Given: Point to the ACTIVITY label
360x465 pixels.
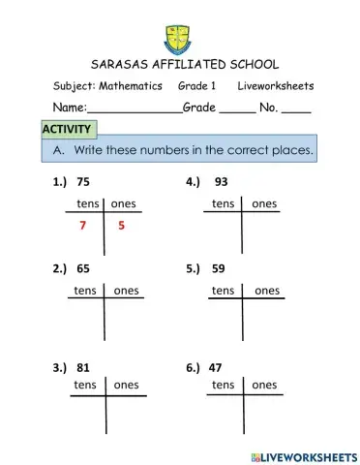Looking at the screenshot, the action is (x=67, y=130).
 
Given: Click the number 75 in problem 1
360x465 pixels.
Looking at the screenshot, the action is (x=84, y=181).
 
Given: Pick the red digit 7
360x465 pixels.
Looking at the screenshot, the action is (x=83, y=226).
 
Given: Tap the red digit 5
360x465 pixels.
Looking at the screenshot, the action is (x=122, y=226).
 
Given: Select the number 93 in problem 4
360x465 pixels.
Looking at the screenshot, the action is (x=222, y=181).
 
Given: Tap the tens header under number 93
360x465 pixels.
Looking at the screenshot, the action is (x=224, y=203).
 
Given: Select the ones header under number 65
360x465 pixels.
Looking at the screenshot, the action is (x=126, y=290).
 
